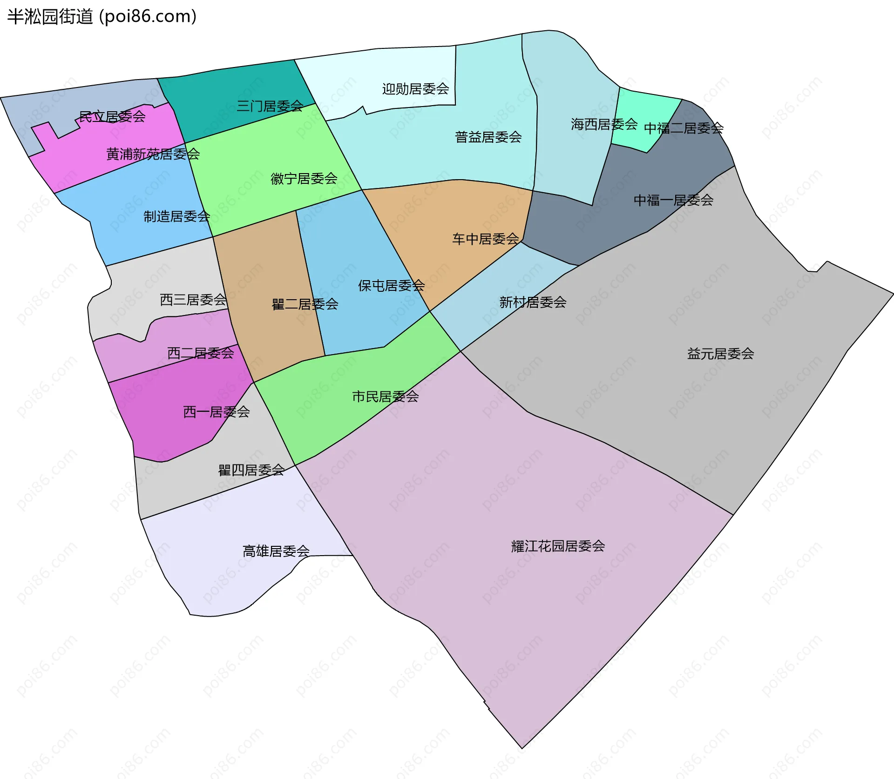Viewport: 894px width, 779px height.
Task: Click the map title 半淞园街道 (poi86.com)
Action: [x=102, y=16]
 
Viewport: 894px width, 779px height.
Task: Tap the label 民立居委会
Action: [x=112, y=116]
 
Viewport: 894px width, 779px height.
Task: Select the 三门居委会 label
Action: [x=270, y=106]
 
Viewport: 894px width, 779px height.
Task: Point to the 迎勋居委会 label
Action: [x=415, y=89]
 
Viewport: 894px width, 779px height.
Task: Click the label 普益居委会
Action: [x=488, y=137]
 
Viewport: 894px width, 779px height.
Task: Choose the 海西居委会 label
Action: [x=604, y=124]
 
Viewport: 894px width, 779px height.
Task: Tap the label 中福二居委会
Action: [x=684, y=128]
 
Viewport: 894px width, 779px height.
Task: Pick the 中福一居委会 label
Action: [x=673, y=200]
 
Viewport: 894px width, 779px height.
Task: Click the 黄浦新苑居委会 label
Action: [x=153, y=154]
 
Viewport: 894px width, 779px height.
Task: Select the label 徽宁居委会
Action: [x=304, y=178]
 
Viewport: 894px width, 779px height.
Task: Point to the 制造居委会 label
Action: [x=176, y=216]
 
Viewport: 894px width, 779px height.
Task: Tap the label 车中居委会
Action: [x=485, y=239]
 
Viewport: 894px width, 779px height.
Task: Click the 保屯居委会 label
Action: [x=391, y=285]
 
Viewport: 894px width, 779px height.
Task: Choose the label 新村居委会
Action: [x=533, y=302]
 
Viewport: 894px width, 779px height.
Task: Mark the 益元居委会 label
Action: [x=720, y=354]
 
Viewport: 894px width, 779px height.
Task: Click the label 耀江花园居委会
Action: [x=558, y=546]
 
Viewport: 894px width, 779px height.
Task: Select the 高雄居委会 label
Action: [x=276, y=551]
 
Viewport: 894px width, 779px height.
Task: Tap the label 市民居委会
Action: [x=385, y=396]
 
